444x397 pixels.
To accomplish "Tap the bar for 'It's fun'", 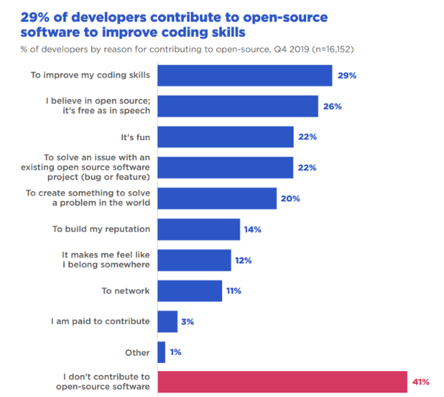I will pyautogui.click(x=226, y=137).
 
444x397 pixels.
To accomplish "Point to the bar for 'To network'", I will pyautogui.click(x=190, y=291).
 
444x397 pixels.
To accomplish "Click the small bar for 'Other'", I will pyautogui.click(x=162, y=352).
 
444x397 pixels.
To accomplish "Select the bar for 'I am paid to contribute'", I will pyautogui.click(x=167, y=321).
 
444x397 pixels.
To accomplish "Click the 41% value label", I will pyautogui.click(x=421, y=382).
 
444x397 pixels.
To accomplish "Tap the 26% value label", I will pyautogui.click(x=331, y=106).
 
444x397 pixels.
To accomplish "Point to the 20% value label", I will pyautogui.click(x=290, y=198).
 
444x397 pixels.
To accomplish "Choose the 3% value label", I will pyautogui.click(x=189, y=321).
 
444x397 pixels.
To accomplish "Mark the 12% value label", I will pyautogui.click(x=243, y=260).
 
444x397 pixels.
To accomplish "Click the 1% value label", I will pyautogui.click(x=176, y=352).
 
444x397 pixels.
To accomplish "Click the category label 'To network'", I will pyautogui.click(x=125, y=291).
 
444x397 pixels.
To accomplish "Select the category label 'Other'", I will pyautogui.click(x=138, y=352).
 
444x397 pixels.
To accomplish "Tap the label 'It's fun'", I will pyautogui.click(x=136, y=137).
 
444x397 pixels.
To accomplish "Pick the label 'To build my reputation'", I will pyautogui.click(x=101, y=229).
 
